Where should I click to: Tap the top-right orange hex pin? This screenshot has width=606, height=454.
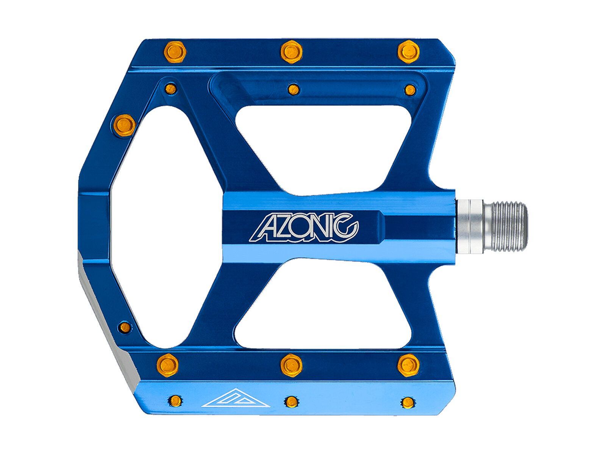pos(408,50)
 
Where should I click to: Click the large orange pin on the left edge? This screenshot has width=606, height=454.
pos(124,123)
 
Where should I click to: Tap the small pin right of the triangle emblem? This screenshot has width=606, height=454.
pos(291,401)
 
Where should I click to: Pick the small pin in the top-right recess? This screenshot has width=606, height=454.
pos(410,89)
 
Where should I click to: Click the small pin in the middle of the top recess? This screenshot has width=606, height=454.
pos(292,89)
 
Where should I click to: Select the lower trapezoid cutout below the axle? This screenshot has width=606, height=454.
pos(322,306)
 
